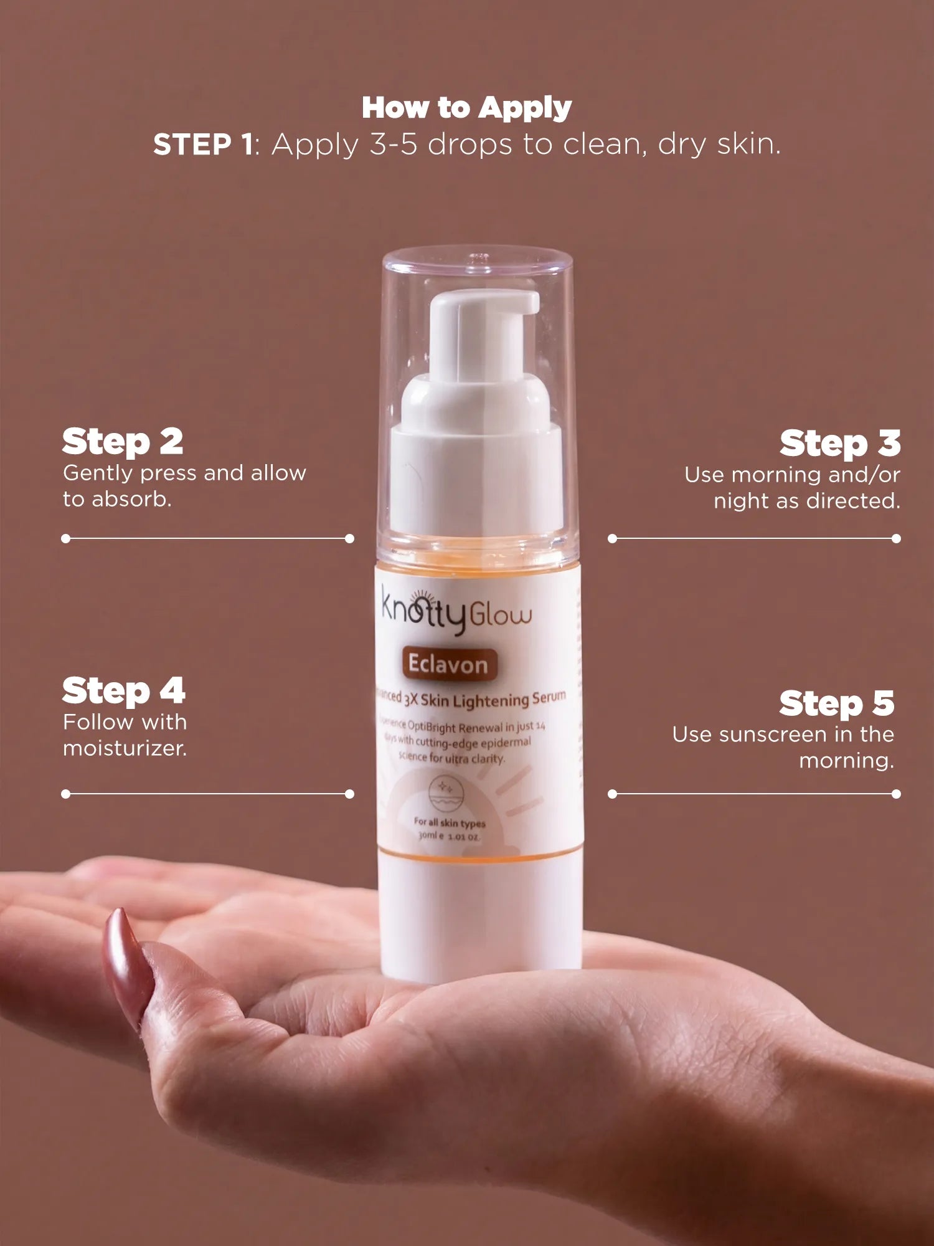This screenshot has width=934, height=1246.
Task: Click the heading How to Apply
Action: (466, 108)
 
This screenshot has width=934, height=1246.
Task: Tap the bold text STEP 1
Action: (203, 145)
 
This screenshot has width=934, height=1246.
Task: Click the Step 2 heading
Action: (123, 442)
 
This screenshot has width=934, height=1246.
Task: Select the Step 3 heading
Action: (839, 443)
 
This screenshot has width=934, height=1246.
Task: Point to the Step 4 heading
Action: (123, 691)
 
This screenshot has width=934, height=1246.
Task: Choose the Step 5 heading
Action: (836, 703)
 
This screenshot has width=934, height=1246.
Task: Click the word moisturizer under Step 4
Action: (124, 748)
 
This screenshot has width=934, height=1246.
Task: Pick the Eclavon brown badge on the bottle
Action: (448, 665)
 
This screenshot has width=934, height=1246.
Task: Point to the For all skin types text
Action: (449, 822)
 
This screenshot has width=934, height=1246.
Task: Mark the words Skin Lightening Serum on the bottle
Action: (492, 700)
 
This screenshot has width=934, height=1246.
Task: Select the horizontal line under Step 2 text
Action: (207, 538)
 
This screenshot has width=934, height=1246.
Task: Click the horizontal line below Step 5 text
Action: (754, 794)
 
